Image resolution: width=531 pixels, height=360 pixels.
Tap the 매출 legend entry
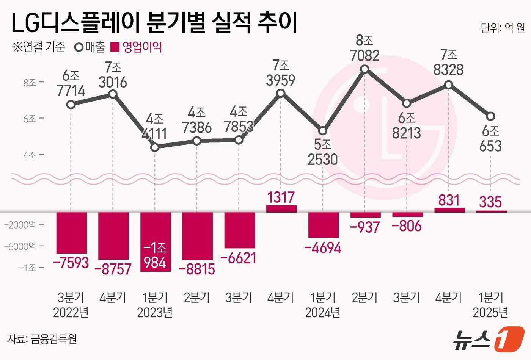90,47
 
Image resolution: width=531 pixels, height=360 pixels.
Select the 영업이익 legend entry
137,47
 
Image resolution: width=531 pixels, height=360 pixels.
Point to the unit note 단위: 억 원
503,28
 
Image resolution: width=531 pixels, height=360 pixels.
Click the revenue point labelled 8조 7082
365,69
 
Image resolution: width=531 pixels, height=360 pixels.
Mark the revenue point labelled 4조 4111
155,147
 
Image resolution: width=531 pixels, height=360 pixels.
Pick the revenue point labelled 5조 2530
323,131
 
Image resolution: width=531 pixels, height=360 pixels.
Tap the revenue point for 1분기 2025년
490,116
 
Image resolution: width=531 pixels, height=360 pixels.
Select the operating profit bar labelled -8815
197,236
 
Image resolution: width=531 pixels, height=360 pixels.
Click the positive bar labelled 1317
281,209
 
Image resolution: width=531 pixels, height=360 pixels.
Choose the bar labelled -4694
323,225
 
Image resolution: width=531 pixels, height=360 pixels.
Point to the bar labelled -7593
72,232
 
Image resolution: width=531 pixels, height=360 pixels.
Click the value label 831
449,200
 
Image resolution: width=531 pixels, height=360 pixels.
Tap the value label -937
365,227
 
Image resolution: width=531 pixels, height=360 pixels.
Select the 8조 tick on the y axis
30,83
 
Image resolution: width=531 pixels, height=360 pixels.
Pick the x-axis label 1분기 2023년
155,305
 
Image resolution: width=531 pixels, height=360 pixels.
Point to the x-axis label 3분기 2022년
71,305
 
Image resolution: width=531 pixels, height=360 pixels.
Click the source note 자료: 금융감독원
42,338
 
